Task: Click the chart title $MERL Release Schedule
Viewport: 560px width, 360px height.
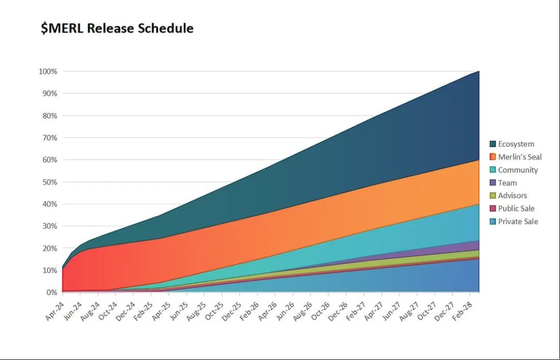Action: (x=117, y=28)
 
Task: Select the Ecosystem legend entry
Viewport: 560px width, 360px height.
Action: (x=512, y=144)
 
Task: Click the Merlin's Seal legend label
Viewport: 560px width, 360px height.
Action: (x=520, y=157)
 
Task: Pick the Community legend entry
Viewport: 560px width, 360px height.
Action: (x=514, y=170)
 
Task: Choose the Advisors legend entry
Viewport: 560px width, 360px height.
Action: (x=508, y=195)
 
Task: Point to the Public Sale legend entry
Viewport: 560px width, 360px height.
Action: (x=512, y=208)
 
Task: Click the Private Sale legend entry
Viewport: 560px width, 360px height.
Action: (x=514, y=221)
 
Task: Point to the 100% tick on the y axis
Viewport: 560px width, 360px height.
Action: (x=48, y=71)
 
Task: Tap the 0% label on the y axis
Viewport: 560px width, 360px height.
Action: (x=51, y=292)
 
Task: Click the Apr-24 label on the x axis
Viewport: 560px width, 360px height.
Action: (x=55, y=311)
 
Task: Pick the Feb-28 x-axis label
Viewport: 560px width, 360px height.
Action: (x=462, y=311)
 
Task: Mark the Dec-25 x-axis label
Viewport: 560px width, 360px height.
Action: (x=231, y=311)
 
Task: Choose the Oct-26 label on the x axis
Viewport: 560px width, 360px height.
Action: (x=320, y=311)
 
